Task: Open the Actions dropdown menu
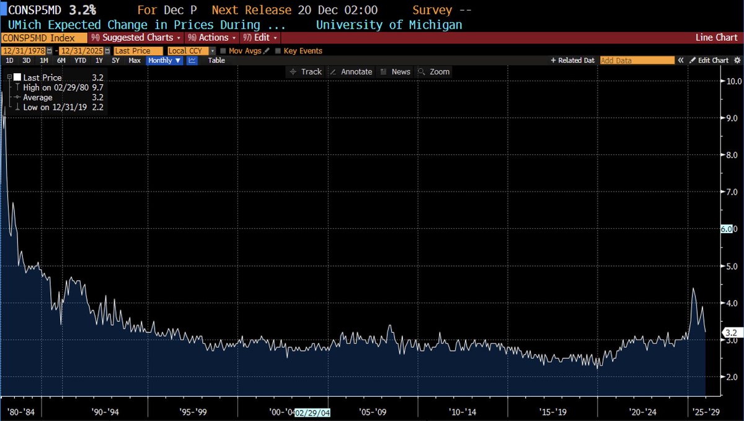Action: click(213, 38)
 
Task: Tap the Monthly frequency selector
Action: click(164, 60)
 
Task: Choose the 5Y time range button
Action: click(116, 60)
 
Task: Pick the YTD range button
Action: click(80, 60)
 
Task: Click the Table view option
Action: click(216, 60)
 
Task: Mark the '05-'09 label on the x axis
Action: click(373, 412)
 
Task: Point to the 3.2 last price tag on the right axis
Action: click(730, 333)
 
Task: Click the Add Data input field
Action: click(637, 60)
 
